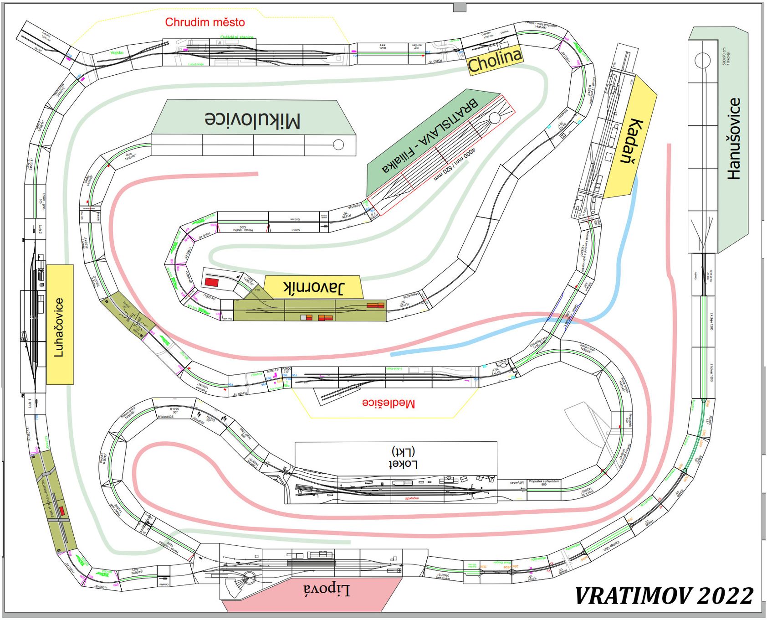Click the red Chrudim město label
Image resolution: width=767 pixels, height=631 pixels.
pos(205,22)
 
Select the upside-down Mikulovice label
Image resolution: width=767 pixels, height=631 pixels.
pos(252,119)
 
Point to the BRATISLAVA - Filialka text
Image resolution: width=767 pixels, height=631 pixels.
pos(430,135)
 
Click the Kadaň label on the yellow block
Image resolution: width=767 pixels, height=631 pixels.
pos(631,141)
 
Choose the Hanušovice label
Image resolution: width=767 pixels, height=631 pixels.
pos(733,139)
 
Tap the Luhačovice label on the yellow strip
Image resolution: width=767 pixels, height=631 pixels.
pos(59,327)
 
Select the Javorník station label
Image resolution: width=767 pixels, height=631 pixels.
pos(314,287)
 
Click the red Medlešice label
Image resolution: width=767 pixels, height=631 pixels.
pos(389,403)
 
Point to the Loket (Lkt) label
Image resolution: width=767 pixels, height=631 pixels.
pos(403,458)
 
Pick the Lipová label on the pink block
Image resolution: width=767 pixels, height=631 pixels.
pos(327,590)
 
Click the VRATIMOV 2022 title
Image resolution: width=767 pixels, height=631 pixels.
pos(664,596)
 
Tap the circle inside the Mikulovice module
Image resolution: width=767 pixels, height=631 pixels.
pos(338,145)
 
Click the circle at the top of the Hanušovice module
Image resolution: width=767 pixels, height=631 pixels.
pos(702,60)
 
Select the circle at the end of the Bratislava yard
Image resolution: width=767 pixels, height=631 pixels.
pos(494,118)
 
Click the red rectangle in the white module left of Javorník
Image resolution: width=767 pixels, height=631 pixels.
pos(211,282)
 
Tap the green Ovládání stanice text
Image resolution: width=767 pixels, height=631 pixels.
pos(237,37)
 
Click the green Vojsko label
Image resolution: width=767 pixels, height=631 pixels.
pos(117,53)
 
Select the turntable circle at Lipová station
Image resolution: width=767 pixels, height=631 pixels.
pos(249,579)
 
